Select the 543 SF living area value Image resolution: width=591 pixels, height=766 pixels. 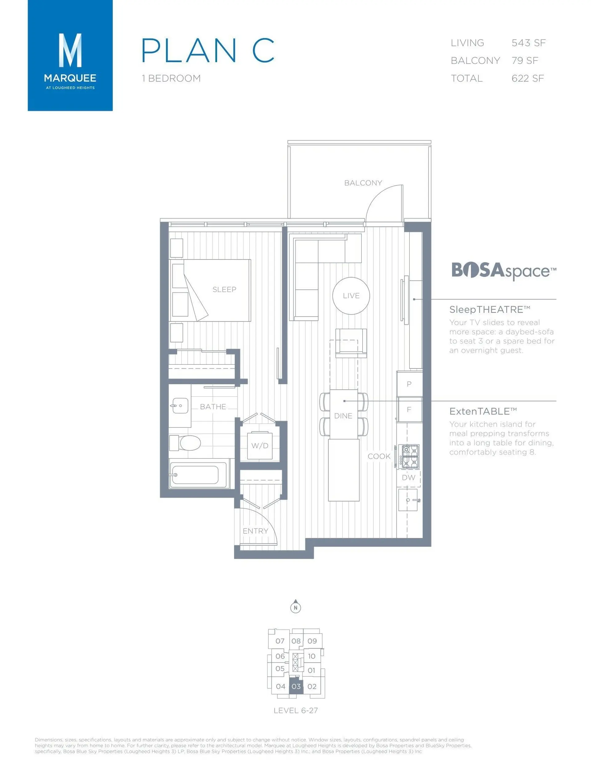(x=528, y=43)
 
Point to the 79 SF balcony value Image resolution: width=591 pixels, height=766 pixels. (x=525, y=61)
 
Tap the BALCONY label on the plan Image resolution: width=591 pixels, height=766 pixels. (x=363, y=183)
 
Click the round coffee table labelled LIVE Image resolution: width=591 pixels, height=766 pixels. (x=351, y=296)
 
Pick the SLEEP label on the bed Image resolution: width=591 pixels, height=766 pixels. (x=224, y=289)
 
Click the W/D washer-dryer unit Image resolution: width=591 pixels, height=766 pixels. (x=259, y=446)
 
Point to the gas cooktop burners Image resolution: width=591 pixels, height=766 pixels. (x=410, y=457)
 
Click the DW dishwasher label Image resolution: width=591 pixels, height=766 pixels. (x=408, y=477)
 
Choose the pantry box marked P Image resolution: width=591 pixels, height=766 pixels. (x=409, y=384)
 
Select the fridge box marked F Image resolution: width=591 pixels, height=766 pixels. (x=409, y=409)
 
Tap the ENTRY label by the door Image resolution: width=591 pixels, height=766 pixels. (x=255, y=531)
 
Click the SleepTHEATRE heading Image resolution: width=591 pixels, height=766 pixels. (x=489, y=309)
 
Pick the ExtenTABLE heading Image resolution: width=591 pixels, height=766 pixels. (x=483, y=411)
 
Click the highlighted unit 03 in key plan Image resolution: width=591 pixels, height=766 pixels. (x=296, y=686)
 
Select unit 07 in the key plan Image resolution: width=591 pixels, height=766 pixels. (x=279, y=641)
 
